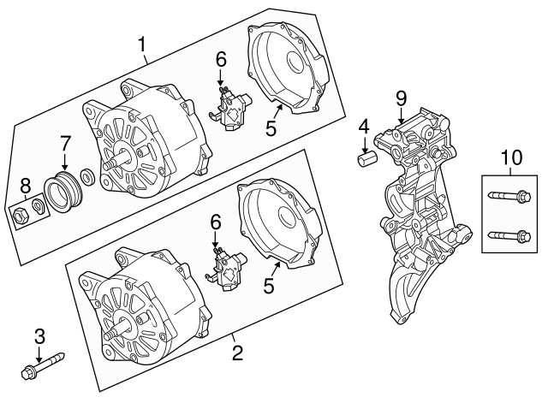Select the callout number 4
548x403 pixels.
click(x=364, y=126)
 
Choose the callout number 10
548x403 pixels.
click(x=510, y=157)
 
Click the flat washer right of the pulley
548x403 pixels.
click(x=87, y=180)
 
